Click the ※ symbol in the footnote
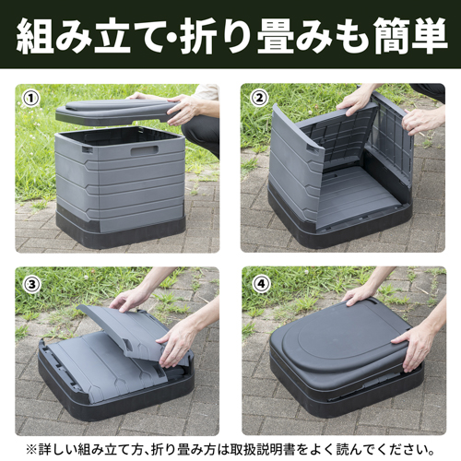32,446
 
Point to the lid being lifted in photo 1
111,112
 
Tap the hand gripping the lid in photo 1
184,109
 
